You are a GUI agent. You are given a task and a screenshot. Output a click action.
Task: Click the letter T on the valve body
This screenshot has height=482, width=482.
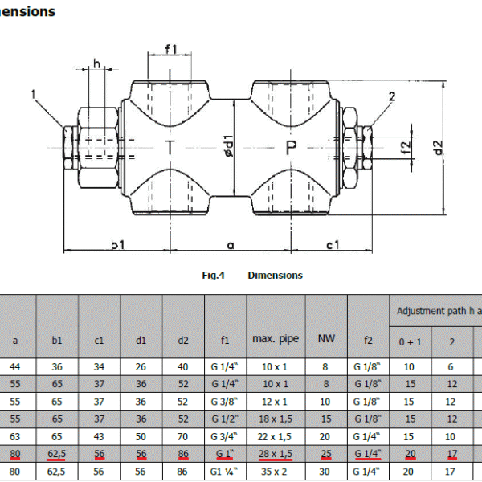170,148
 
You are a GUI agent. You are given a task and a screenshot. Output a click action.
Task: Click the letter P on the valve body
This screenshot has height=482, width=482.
291,148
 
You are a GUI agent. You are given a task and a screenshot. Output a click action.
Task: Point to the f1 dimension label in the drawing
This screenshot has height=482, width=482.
170,50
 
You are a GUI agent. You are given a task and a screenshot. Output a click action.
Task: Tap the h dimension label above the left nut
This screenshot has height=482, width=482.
97,63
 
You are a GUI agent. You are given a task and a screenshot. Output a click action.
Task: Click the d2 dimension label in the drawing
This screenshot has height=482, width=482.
437,148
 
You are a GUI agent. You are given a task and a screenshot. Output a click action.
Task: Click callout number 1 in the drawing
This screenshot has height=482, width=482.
34,95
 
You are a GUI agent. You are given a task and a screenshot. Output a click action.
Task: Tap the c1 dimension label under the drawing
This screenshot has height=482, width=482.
332,243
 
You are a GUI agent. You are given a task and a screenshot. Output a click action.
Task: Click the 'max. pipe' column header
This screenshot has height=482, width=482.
276,339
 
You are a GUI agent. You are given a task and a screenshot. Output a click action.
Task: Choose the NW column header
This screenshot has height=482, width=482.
325,339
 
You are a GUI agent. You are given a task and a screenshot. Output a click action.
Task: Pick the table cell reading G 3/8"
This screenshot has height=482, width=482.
225,401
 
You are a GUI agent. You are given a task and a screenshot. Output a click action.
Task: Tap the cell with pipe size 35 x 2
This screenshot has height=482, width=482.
276,472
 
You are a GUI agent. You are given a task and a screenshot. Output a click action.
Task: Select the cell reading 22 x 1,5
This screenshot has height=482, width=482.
276,436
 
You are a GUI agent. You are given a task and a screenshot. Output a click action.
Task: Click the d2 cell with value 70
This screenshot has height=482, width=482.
183,436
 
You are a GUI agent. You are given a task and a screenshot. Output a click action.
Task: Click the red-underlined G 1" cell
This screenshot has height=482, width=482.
225,454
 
